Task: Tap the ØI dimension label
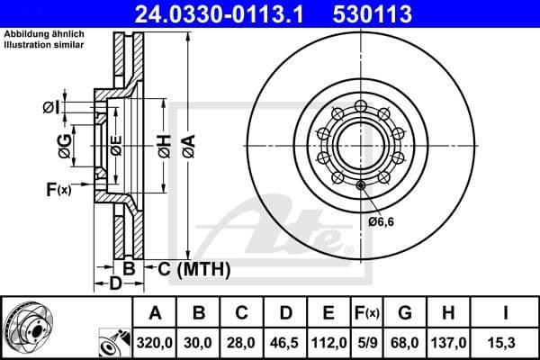click(x=51, y=108)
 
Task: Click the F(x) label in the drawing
click(x=58, y=189)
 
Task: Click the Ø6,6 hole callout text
click(x=382, y=221)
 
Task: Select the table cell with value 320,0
click(x=156, y=342)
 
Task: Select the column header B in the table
click(x=200, y=314)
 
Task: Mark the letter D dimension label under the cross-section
click(x=115, y=284)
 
